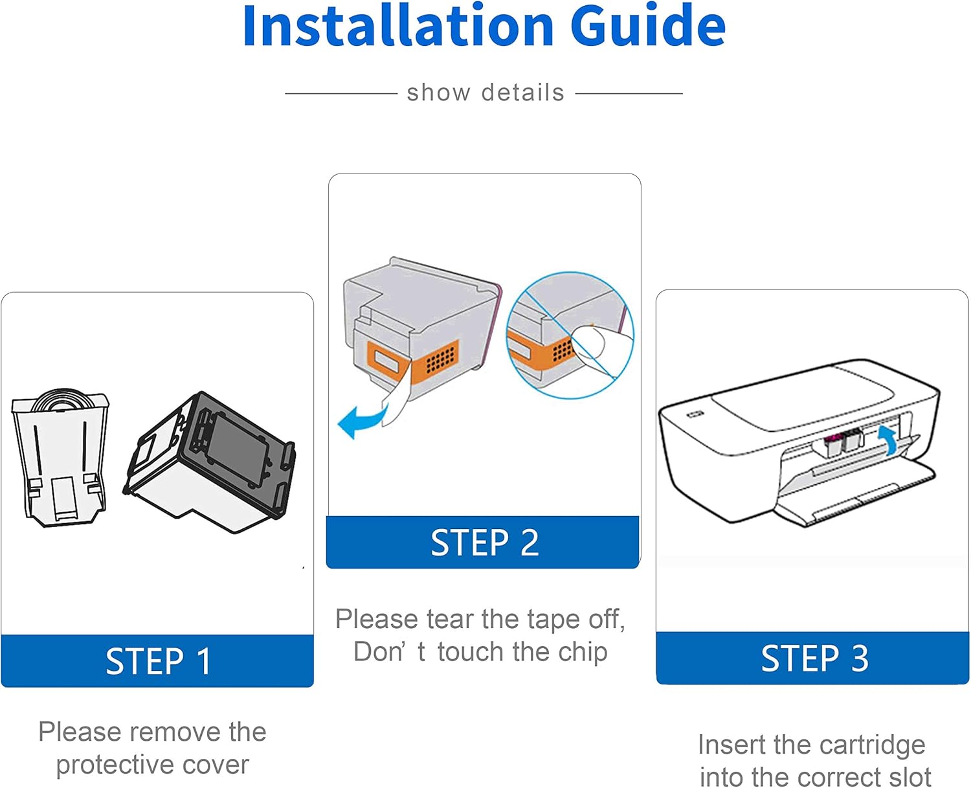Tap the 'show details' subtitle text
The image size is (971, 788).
pyautogui.click(x=485, y=93)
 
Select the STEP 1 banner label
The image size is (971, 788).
pyautogui.click(x=158, y=661)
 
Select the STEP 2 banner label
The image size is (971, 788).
pyautogui.click(x=485, y=543)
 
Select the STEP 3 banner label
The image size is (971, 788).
pyautogui.click(x=814, y=658)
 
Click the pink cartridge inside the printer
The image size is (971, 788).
pyautogui.click(x=833, y=444)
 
